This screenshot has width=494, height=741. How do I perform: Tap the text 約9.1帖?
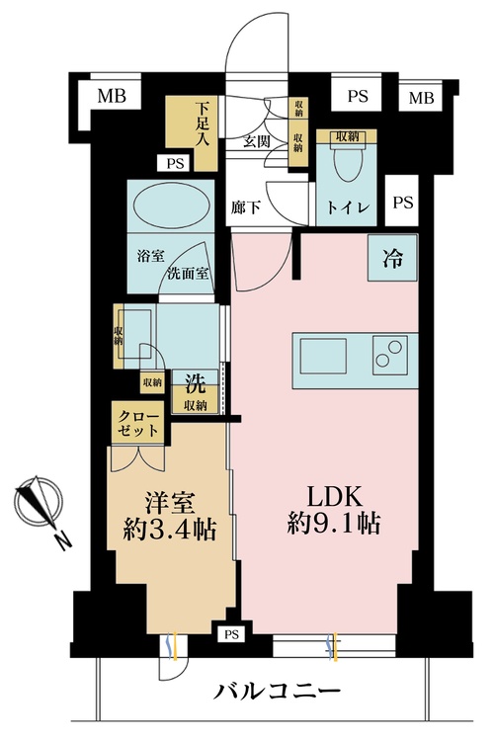(329, 524)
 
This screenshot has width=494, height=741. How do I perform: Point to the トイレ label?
(348, 209)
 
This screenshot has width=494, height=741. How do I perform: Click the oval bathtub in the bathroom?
(170, 209)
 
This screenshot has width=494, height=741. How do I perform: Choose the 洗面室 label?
(188, 273)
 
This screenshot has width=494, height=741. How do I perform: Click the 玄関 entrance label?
(259, 141)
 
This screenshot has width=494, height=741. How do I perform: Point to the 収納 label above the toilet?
(346, 136)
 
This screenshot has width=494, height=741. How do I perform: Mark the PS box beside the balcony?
(231, 633)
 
